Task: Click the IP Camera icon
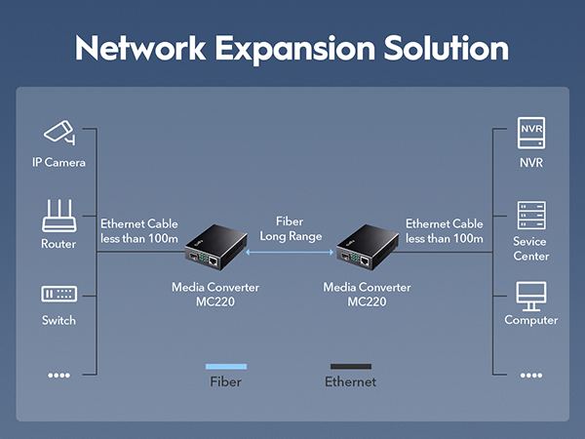58,132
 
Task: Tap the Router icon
58,215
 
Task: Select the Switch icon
58,294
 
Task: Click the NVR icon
531,132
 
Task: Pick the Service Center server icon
531,215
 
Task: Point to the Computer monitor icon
531,294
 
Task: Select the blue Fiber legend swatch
226,366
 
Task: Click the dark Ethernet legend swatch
350,366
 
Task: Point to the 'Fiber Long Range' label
291,229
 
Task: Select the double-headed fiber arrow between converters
291,253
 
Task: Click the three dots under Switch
58,375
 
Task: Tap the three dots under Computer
531,375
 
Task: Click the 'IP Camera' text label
58,162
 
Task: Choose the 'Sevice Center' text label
531,249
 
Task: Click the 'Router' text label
58,244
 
